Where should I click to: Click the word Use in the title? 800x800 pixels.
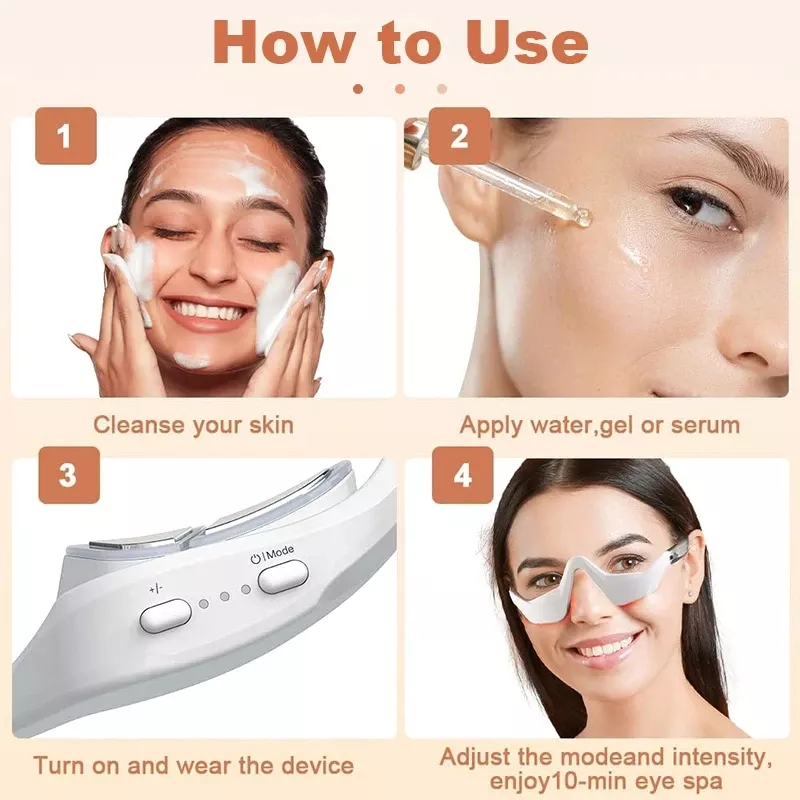pyautogui.click(x=528, y=43)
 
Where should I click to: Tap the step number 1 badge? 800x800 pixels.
pyautogui.click(x=66, y=136)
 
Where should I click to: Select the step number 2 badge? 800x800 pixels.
pyautogui.click(x=460, y=136)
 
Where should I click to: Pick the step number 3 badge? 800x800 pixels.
pyautogui.click(x=69, y=475)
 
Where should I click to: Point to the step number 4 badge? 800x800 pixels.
pyautogui.click(x=463, y=475)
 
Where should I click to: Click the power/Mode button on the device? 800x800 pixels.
pyautogui.click(x=283, y=577)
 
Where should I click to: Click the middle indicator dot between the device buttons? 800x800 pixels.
pyautogui.click(x=224, y=596)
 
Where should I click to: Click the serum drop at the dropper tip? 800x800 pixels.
pyautogui.click(x=582, y=217)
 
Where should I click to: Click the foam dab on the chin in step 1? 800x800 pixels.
pyautogui.click(x=191, y=361)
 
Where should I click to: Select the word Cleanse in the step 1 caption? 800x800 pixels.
pyautogui.click(x=139, y=425)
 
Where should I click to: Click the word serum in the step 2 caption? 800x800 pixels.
pyautogui.click(x=706, y=426)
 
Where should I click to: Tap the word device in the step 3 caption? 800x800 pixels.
pyautogui.click(x=317, y=766)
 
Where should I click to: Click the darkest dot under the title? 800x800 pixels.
pyautogui.click(x=358, y=89)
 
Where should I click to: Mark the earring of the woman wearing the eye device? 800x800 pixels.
pyautogui.click(x=690, y=594)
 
